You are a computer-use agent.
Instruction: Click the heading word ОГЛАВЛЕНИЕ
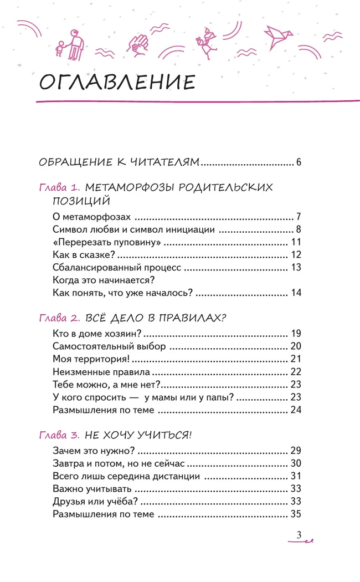117,82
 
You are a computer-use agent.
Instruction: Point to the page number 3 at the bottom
299,535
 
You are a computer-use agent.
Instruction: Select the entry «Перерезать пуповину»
99,242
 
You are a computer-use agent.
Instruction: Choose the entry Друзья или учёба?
95,502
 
